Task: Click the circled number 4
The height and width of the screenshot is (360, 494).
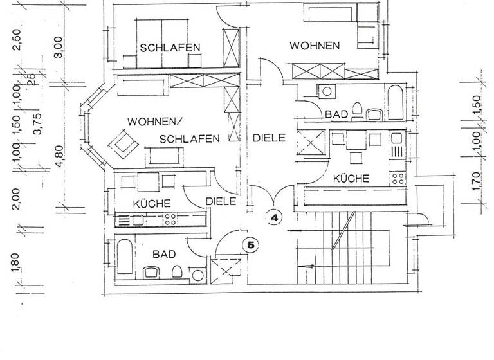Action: click(275, 218)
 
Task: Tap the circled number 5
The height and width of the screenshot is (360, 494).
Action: click(251, 244)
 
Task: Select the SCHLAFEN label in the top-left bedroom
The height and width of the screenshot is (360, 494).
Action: click(170, 47)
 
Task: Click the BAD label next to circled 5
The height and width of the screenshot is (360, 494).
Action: click(163, 255)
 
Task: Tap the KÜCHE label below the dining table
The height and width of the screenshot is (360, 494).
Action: click(352, 179)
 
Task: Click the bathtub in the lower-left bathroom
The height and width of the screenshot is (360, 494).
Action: click(125, 260)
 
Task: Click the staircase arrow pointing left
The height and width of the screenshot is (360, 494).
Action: click(307, 263)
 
